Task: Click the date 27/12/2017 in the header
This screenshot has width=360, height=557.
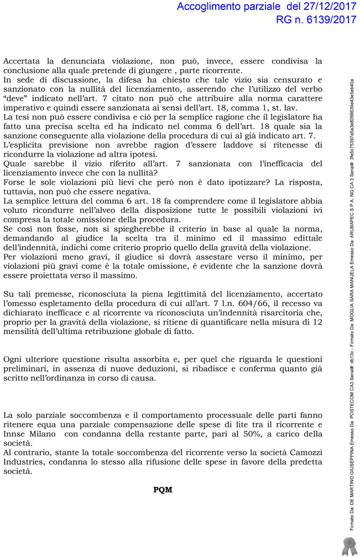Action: (x=323, y=7)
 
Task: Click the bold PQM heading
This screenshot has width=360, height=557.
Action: (x=163, y=490)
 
